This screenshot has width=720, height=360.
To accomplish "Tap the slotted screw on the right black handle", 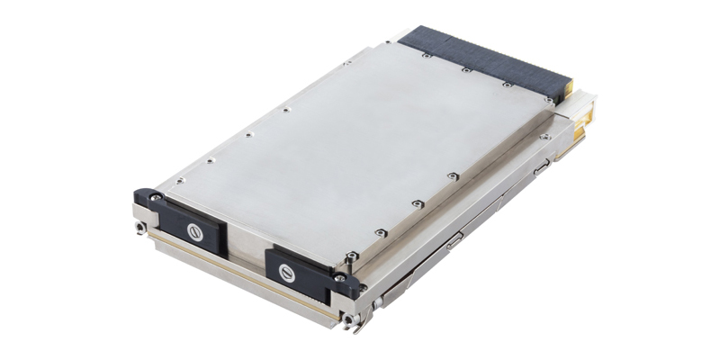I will tap(289, 271).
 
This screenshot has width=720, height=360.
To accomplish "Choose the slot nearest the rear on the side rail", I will tap(539, 166).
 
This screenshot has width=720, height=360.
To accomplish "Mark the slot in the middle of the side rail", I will tap(454, 238).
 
